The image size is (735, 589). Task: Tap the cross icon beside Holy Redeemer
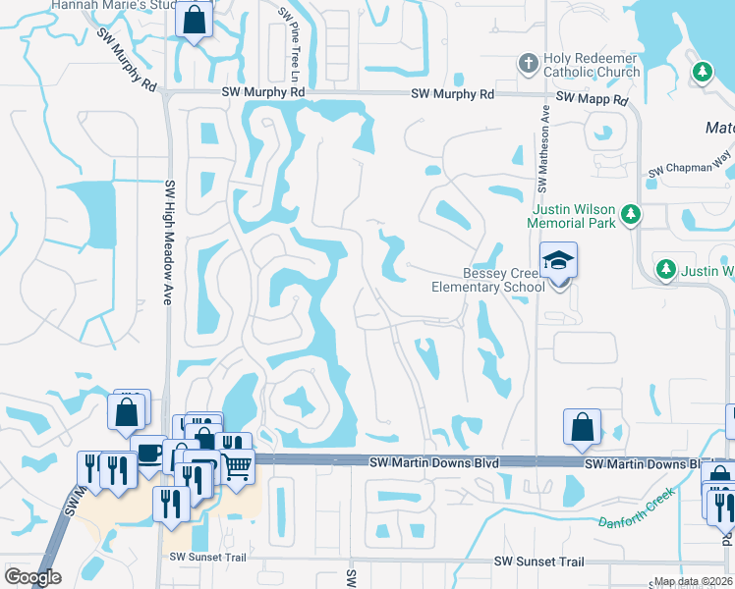(x=528, y=64)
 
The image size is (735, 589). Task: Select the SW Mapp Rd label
(x=592, y=99)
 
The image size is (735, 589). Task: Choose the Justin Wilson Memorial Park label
(x=574, y=216)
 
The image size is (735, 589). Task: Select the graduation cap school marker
(x=559, y=261)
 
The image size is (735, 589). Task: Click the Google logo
(x=32, y=577)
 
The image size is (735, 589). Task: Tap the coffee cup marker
(x=148, y=453)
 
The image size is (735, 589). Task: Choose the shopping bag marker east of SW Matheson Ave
(x=582, y=427)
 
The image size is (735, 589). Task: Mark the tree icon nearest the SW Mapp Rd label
(x=703, y=72)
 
